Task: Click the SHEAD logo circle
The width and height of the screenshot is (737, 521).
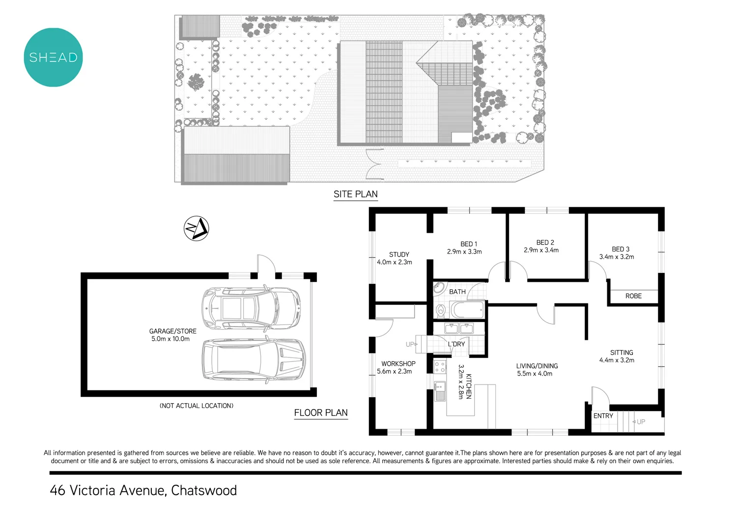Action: (x=53, y=57)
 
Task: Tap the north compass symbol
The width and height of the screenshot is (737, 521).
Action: (x=196, y=228)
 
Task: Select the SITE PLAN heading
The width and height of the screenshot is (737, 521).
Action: (x=355, y=194)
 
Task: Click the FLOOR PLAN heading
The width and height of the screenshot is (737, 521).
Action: (x=321, y=413)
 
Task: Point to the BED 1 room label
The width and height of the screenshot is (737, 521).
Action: (x=469, y=244)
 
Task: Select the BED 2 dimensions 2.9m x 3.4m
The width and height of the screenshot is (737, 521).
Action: (x=541, y=250)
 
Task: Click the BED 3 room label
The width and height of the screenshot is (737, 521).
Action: (x=621, y=249)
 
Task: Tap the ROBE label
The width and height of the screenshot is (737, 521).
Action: (x=633, y=296)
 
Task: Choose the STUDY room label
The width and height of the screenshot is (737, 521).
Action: (x=399, y=254)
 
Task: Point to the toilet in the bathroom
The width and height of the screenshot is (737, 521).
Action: (x=441, y=310)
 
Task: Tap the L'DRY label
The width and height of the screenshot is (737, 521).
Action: (x=456, y=344)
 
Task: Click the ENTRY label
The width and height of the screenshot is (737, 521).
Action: (x=603, y=416)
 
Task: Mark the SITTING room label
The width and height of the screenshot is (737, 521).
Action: (x=622, y=353)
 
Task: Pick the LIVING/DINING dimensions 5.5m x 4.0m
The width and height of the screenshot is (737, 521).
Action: (x=535, y=374)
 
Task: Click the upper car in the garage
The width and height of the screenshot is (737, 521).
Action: (x=251, y=308)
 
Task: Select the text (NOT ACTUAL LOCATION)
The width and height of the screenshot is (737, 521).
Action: (x=197, y=406)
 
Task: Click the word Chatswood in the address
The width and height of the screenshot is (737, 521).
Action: (x=204, y=491)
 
